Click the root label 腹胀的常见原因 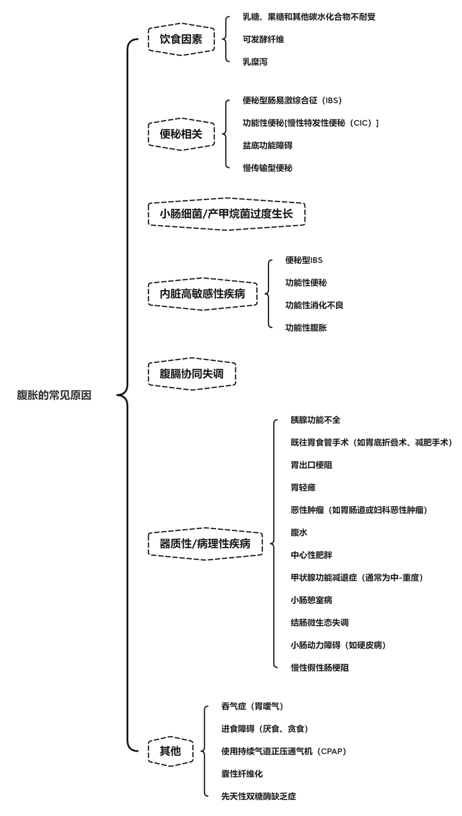pyautogui.click(x=54, y=395)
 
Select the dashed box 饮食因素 pyautogui.click(x=181, y=39)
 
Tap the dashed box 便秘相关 pyautogui.click(x=181, y=134)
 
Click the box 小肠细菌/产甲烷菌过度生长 pyautogui.click(x=227, y=214)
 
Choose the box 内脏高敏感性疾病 pyautogui.click(x=203, y=294)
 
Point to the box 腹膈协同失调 pyautogui.click(x=192, y=374)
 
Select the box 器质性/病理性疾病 pyautogui.click(x=205, y=544)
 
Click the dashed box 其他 pyautogui.click(x=170, y=751)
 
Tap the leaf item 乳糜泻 pyautogui.click(x=255, y=62)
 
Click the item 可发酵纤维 pyautogui.click(x=263, y=39)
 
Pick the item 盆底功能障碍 pyautogui.click(x=267, y=145)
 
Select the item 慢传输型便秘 pyautogui.click(x=267, y=168)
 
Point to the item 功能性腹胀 pyautogui.click(x=306, y=328)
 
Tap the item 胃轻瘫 pyautogui.click(x=303, y=487)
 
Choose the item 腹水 pyautogui.click(x=299, y=532)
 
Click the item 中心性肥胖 pyautogui.click(x=311, y=555)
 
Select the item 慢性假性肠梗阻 pyautogui.click(x=320, y=668)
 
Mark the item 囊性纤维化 pyautogui.click(x=242, y=774)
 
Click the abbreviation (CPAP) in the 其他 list pyautogui.click(x=331, y=751)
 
